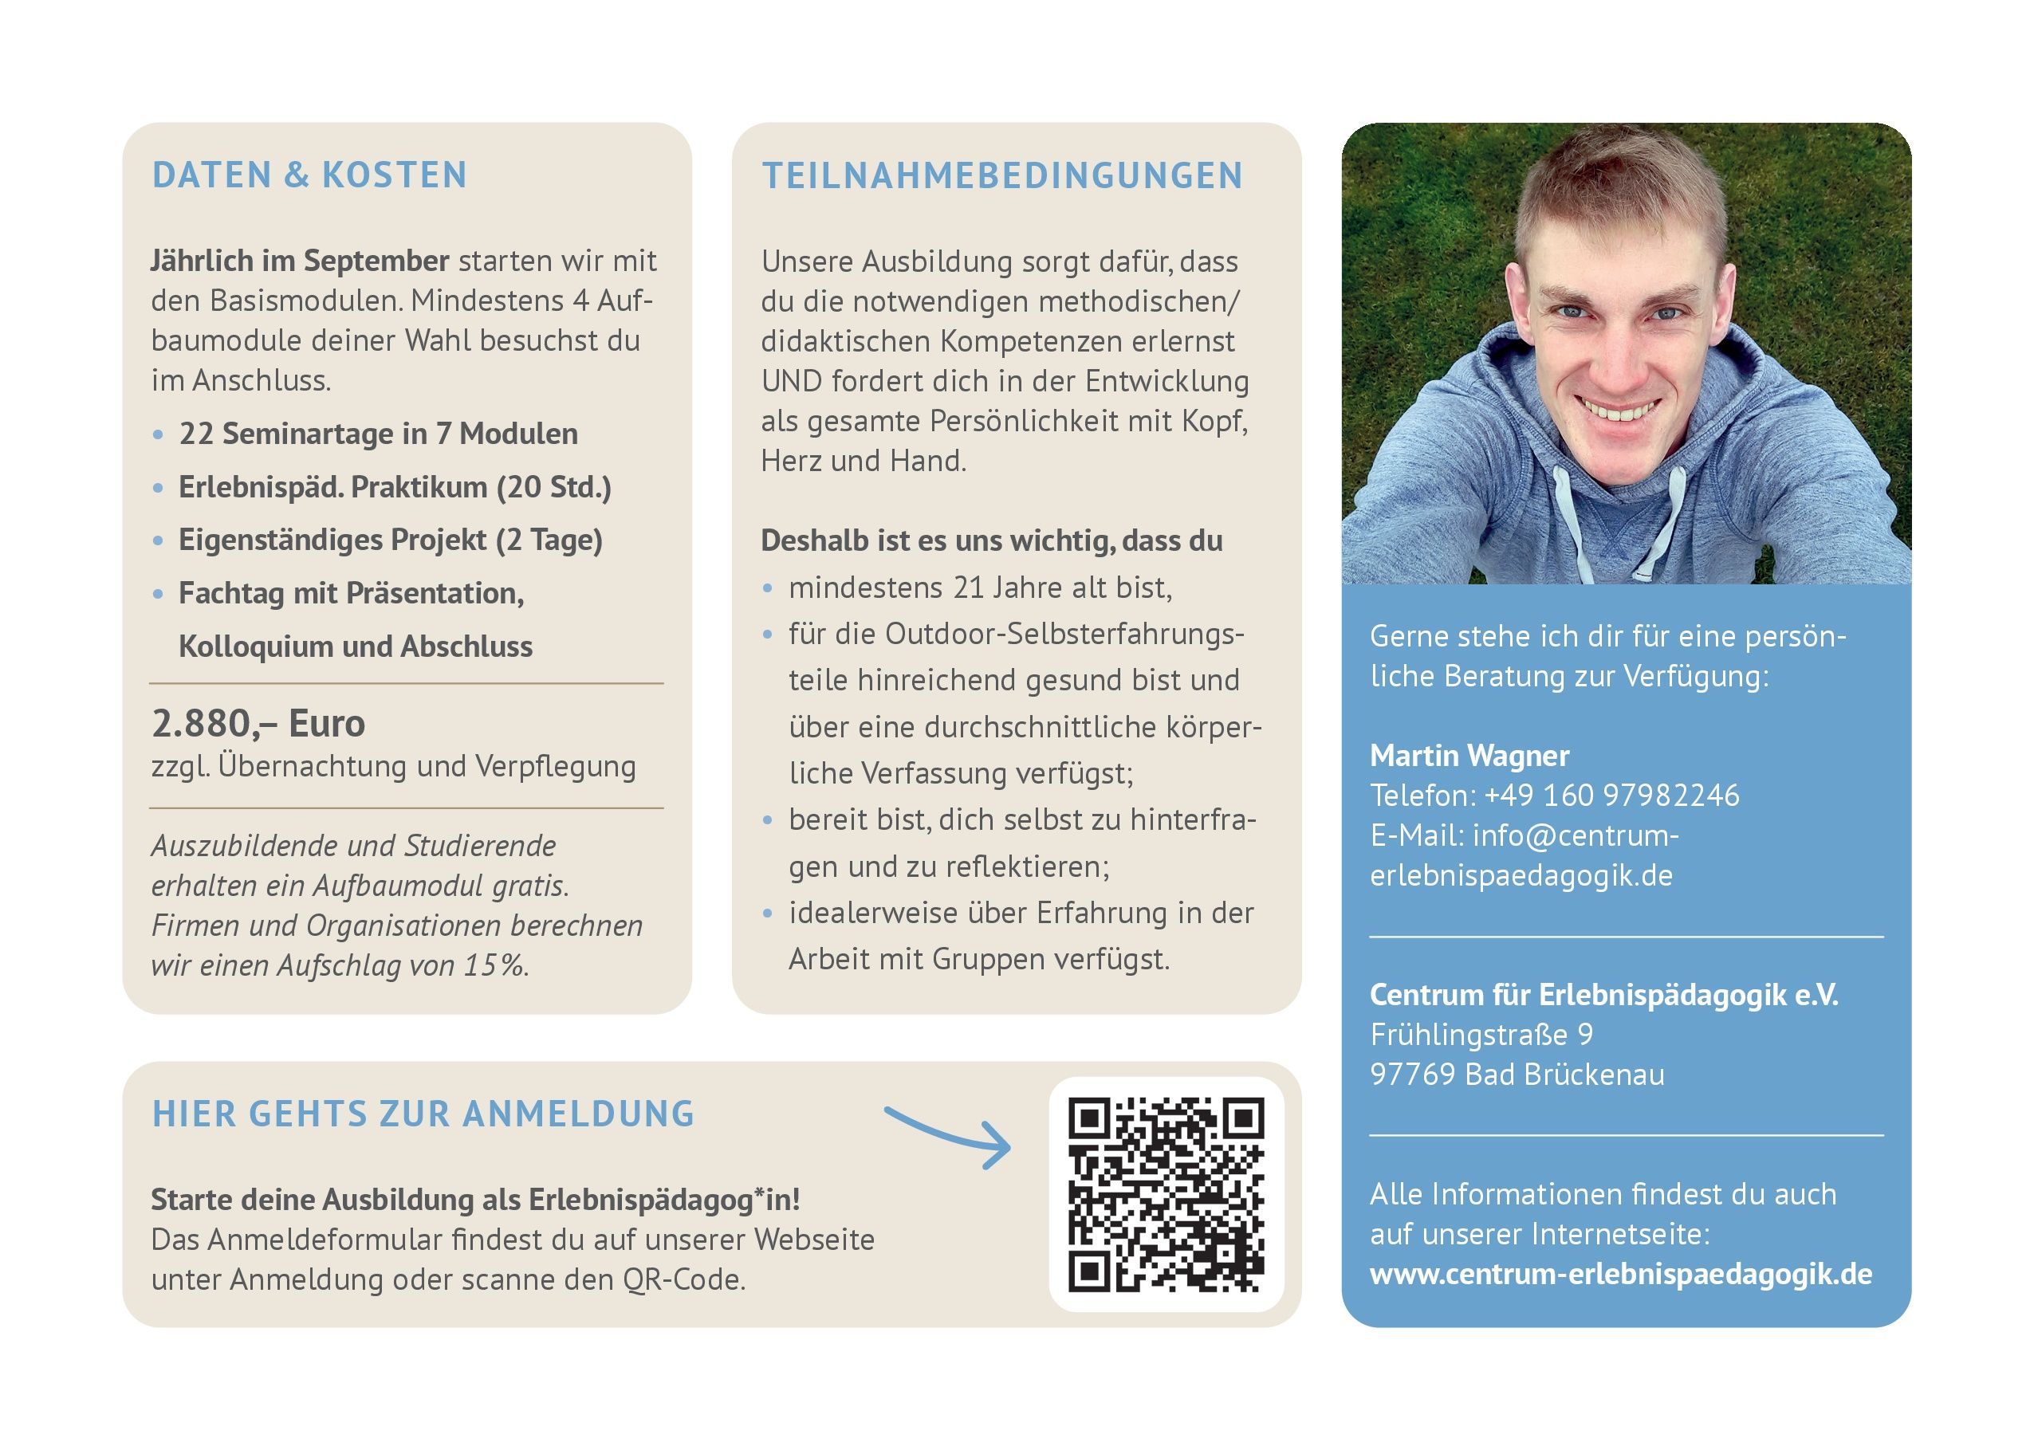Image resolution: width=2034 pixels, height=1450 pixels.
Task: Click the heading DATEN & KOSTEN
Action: point(309,175)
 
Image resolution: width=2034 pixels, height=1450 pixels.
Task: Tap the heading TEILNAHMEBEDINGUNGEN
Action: point(1001,176)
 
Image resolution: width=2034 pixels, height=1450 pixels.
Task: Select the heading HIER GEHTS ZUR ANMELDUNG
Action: point(423,1114)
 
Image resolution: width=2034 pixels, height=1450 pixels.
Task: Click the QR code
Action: point(1167,1195)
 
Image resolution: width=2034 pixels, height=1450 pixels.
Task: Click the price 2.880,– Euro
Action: point(258,723)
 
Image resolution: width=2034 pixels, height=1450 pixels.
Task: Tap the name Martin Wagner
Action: point(1469,756)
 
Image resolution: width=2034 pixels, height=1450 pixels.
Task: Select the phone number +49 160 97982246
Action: point(1611,795)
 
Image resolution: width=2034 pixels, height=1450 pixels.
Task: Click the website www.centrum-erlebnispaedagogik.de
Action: point(1621,1274)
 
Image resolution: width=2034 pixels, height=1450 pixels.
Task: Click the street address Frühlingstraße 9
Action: point(1481,1034)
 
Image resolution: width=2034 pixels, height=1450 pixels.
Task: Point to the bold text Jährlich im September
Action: point(299,261)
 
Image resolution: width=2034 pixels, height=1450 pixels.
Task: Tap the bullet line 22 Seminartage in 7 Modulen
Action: point(378,434)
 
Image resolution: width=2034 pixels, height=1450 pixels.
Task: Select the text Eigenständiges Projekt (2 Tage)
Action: point(390,540)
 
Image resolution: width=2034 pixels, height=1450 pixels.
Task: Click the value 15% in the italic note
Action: point(493,965)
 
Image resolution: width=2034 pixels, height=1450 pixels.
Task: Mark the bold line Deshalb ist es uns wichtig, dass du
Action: point(991,540)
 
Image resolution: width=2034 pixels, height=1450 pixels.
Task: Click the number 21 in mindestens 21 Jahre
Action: point(968,587)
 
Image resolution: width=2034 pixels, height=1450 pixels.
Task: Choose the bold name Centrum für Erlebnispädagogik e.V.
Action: point(1603,995)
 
